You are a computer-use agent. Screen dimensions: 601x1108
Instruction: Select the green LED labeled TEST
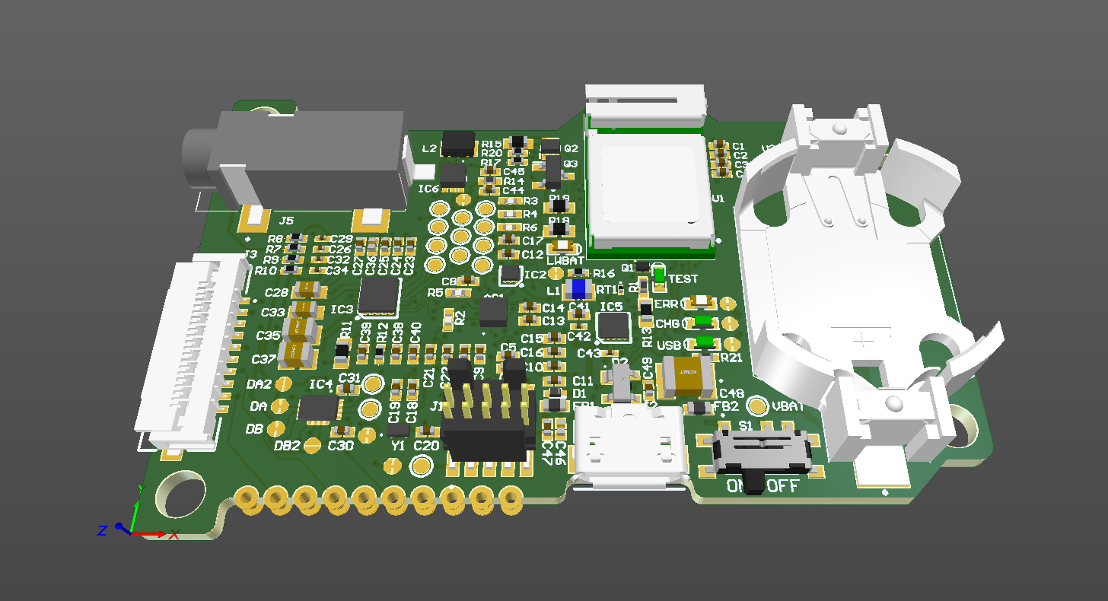659,276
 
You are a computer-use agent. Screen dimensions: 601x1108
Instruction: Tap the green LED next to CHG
702,322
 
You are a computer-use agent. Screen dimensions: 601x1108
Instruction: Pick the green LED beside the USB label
705,342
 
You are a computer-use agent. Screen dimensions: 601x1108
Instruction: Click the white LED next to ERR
699,303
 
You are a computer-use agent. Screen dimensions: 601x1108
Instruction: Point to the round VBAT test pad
757,405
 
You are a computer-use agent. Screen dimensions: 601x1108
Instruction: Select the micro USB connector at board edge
629,449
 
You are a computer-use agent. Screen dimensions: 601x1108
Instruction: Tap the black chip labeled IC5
613,326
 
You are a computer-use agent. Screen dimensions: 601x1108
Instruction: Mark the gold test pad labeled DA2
282,384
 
